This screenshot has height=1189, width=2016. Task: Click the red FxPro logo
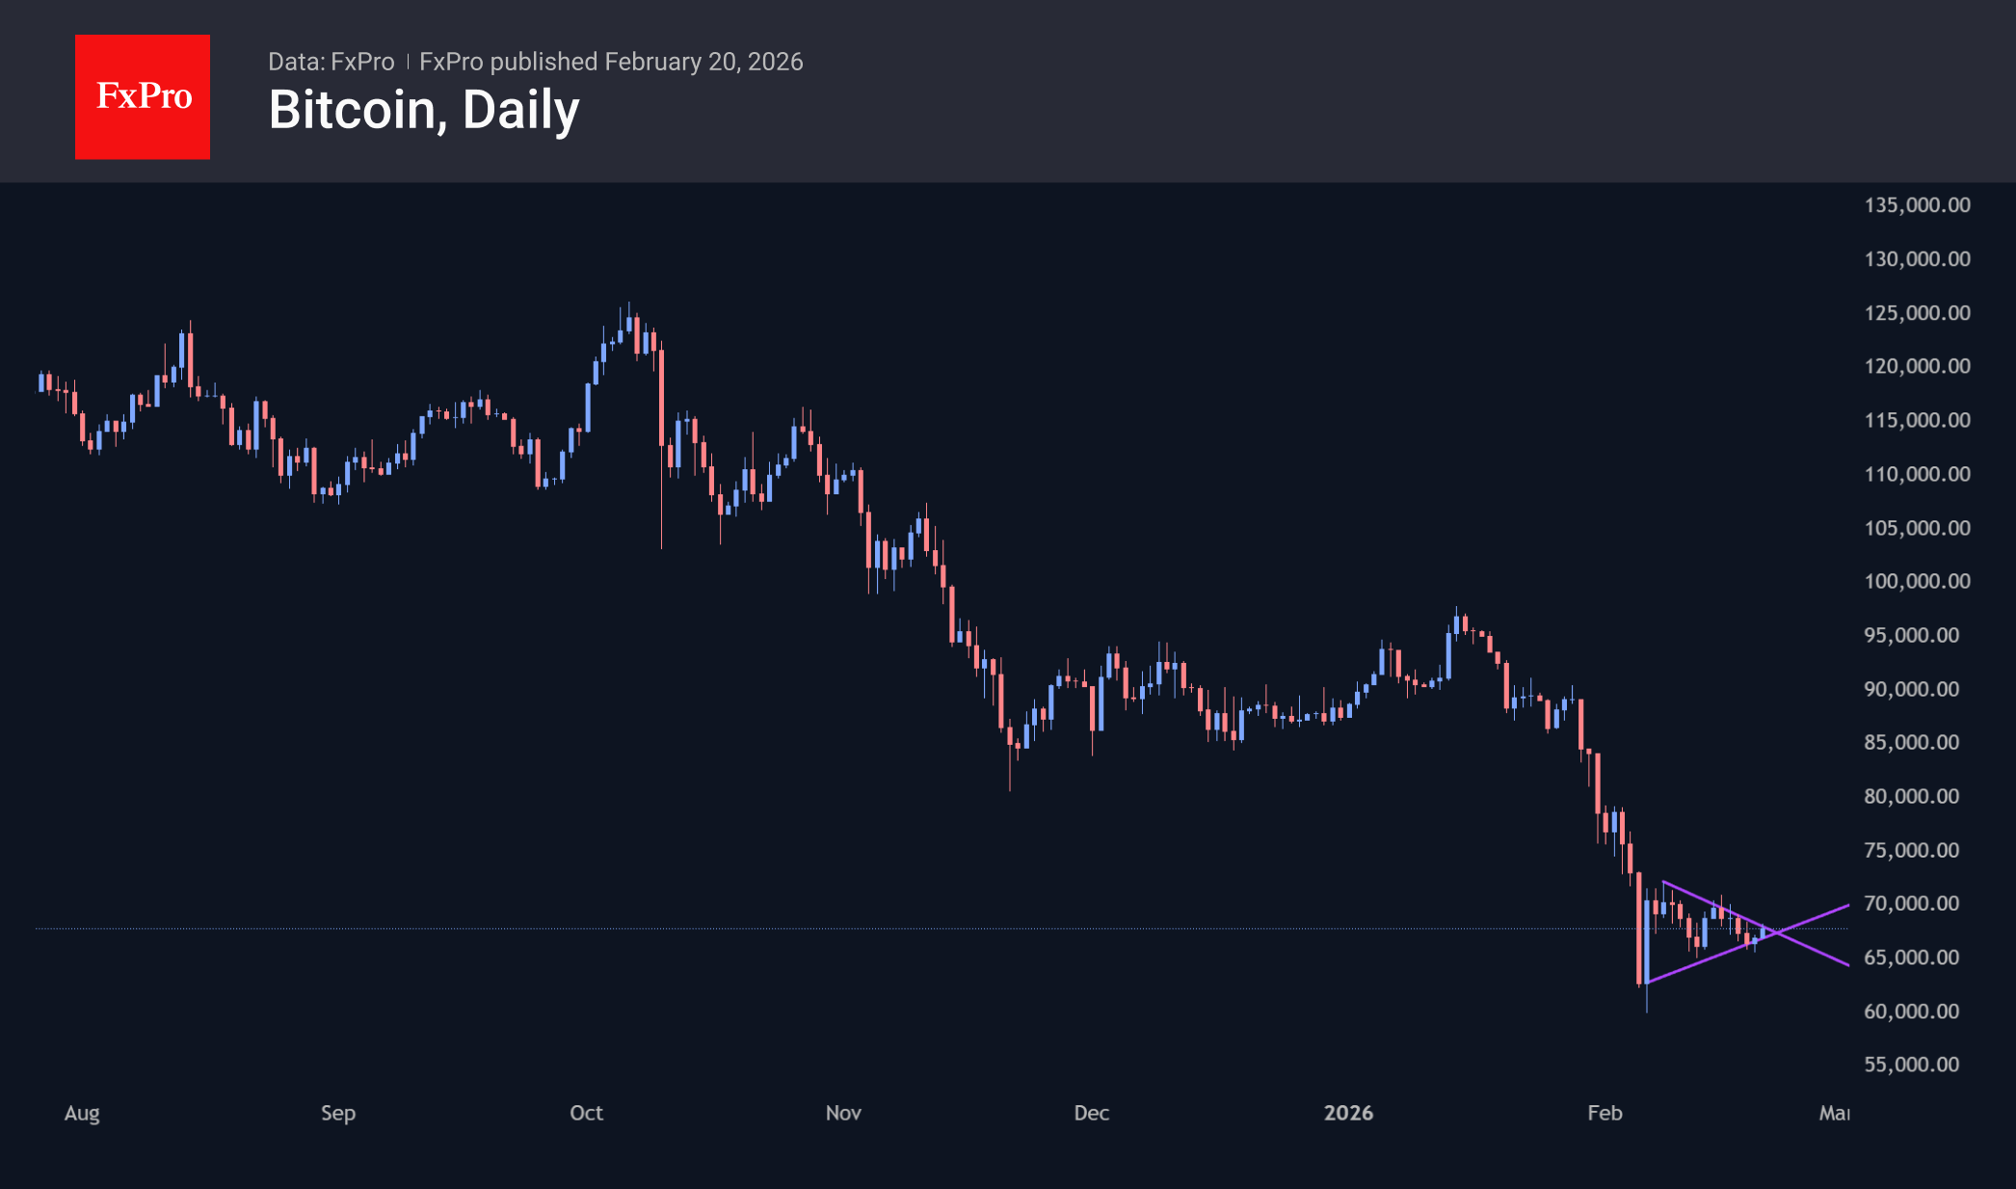pyautogui.click(x=143, y=96)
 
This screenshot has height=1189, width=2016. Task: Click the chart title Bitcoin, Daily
pyautogui.click(x=424, y=110)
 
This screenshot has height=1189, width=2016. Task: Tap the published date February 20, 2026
pyautogui.click(x=703, y=62)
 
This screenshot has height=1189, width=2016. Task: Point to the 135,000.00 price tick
pyautogui.click(x=1917, y=205)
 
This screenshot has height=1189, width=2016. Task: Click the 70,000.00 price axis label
pyautogui.click(x=1911, y=904)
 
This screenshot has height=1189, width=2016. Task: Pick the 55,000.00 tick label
pyautogui.click(x=1911, y=1065)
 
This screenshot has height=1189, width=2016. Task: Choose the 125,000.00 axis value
pyautogui.click(x=1917, y=313)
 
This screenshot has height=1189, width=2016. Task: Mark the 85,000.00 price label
pyautogui.click(x=1911, y=742)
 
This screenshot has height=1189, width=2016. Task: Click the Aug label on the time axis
pyautogui.click(x=82, y=1113)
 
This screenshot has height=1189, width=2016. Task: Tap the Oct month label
pyautogui.click(x=586, y=1113)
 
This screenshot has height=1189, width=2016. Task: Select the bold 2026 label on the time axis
pyautogui.click(x=1348, y=1113)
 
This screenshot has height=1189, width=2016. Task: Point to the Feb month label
pyautogui.click(x=1605, y=1113)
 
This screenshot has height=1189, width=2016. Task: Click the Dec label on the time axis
pyautogui.click(x=1091, y=1113)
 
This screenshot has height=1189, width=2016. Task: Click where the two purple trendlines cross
pyautogui.click(x=1776, y=932)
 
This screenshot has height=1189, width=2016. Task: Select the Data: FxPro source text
pyautogui.click(x=331, y=62)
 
